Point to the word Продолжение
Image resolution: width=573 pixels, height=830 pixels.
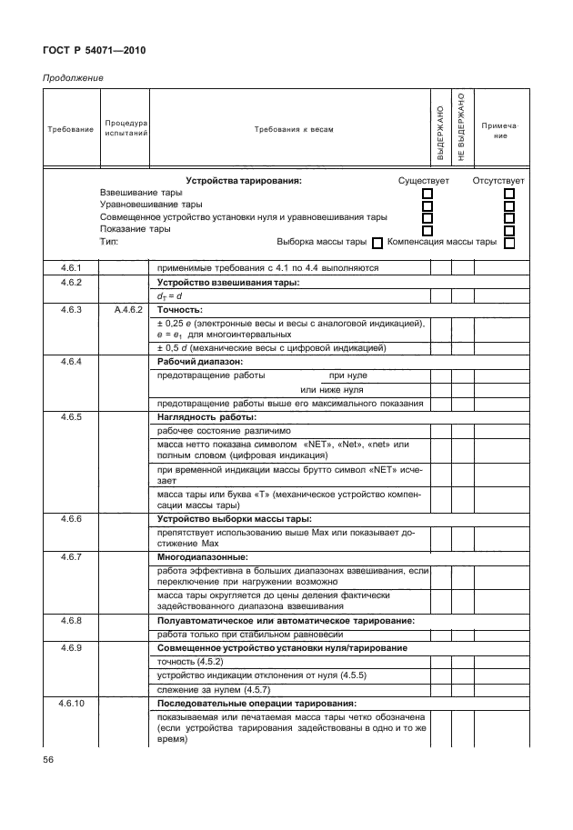tap(73, 77)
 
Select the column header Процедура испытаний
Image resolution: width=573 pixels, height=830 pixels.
tap(126, 128)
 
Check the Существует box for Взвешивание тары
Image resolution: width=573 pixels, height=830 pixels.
tap(427, 194)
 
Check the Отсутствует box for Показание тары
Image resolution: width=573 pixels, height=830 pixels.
tap(509, 230)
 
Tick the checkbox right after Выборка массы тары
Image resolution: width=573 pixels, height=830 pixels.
tap(377, 243)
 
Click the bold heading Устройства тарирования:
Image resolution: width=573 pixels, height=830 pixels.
tap(243, 181)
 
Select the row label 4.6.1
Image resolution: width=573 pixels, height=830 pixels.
tap(71, 268)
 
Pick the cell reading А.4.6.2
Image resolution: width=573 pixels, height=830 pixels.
tap(126, 309)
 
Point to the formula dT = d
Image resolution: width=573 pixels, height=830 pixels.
tap(170, 295)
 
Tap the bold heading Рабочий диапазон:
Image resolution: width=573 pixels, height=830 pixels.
tap(194, 362)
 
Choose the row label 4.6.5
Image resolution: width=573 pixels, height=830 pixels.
tap(71, 417)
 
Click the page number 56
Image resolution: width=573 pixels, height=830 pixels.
tap(51, 759)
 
